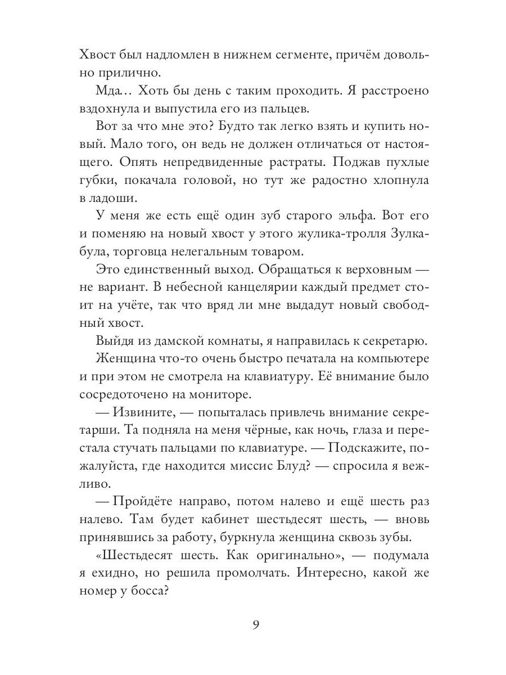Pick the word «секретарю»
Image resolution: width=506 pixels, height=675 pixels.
tap(391, 341)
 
